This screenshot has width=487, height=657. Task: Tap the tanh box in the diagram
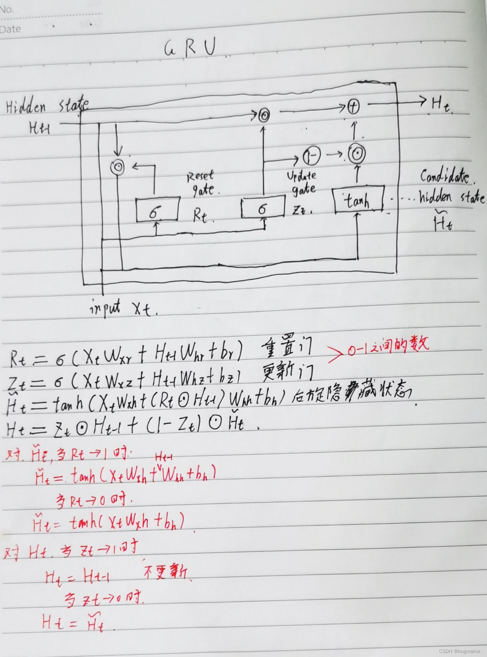(x=358, y=200)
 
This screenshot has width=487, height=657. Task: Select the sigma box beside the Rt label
(x=158, y=209)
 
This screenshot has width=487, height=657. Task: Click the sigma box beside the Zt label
(x=263, y=207)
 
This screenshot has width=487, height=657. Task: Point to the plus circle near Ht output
(x=353, y=106)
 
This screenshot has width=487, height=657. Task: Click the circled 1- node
(x=312, y=155)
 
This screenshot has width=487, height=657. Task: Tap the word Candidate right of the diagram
(x=445, y=176)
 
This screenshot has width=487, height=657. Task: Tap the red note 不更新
(x=165, y=573)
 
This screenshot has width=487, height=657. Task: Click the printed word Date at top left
(x=11, y=29)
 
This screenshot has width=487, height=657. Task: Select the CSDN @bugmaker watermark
(x=460, y=651)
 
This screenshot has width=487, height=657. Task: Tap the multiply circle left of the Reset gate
(x=118, y=167)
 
